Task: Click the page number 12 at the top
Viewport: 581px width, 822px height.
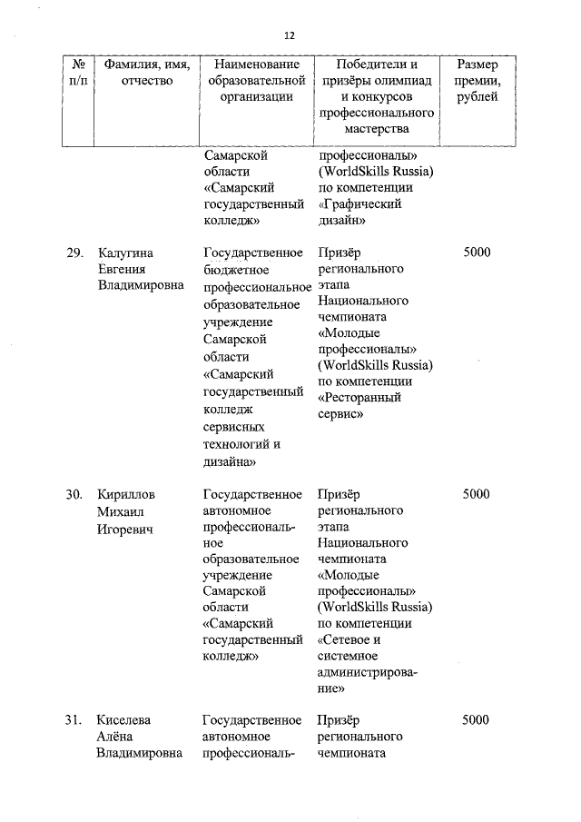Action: pyautogui.click(x=290, y=35)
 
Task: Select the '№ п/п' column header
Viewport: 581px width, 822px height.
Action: pyautogui.click(x=78, y=74)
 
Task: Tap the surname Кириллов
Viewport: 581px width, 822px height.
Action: pyautogui.click(x=126, y=494)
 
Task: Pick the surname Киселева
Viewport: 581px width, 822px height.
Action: pyautogui.click(x=125, y=720)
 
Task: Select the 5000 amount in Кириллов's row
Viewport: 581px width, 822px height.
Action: pyautogui.click(x=476, y=494)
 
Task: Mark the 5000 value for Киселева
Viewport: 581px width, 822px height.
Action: pyautogui.click(x=476, y=720)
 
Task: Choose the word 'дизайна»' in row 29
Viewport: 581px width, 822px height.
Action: pyautogui.click(x=229, y=461)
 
